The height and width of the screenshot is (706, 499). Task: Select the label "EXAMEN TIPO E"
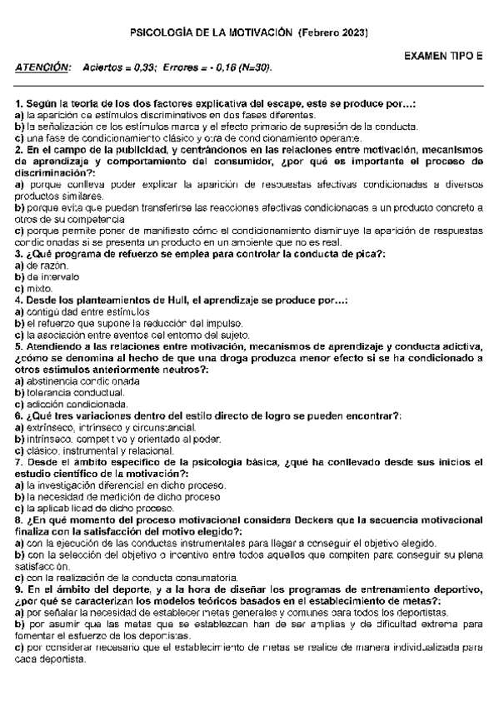click(x=442, y=57)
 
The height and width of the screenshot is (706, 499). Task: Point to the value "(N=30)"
click(x=256, y=67)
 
